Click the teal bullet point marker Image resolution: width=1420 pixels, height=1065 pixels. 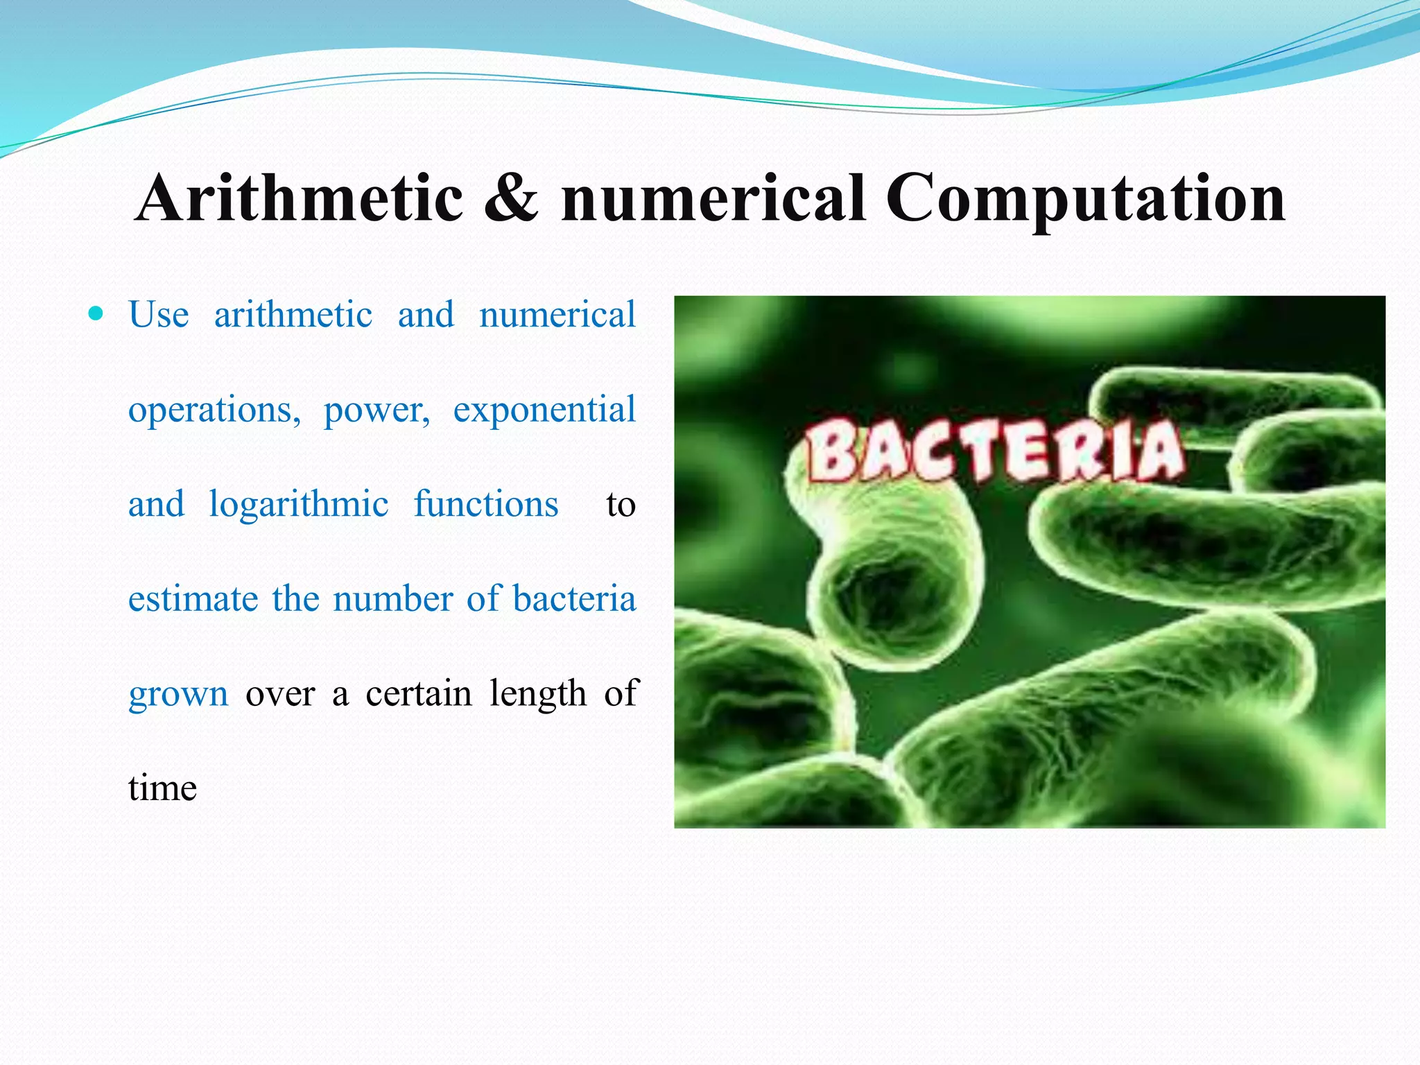pos(96,314)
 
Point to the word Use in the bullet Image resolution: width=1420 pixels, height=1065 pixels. pos(159,315)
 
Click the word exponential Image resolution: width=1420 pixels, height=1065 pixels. pos(544,409)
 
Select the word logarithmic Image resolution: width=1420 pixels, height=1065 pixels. pos(299,505)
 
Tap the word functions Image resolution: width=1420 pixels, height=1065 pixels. pos(486,503)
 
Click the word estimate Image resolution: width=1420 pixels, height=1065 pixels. pos(193,598)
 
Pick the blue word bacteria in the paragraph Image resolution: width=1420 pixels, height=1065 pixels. pos(574,598)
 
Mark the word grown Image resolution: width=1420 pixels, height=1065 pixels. pos(178,694)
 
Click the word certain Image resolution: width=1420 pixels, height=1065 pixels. pos(419,693)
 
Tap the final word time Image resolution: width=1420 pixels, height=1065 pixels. pos(163,788)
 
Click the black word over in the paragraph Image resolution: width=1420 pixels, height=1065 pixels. pos(280,694)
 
